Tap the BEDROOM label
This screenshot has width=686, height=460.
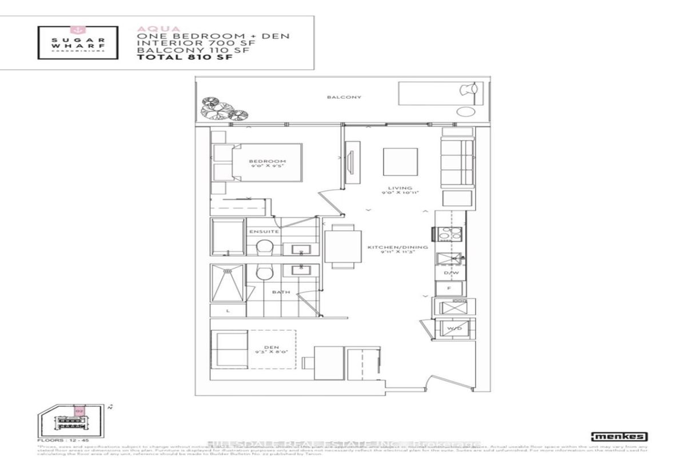click(x=267, y=162)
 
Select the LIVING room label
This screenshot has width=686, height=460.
click(x=395, y=187)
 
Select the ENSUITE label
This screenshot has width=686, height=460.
click(x=264, y=231)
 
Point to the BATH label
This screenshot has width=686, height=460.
click(x=281, y=292)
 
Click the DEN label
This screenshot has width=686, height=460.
click(x=266, y=346)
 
